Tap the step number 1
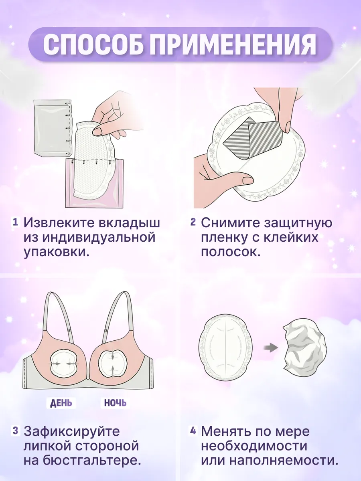pos(15,222)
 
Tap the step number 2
pos(193,222)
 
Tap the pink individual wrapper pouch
pos(94,183)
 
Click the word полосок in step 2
pos(231,252)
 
